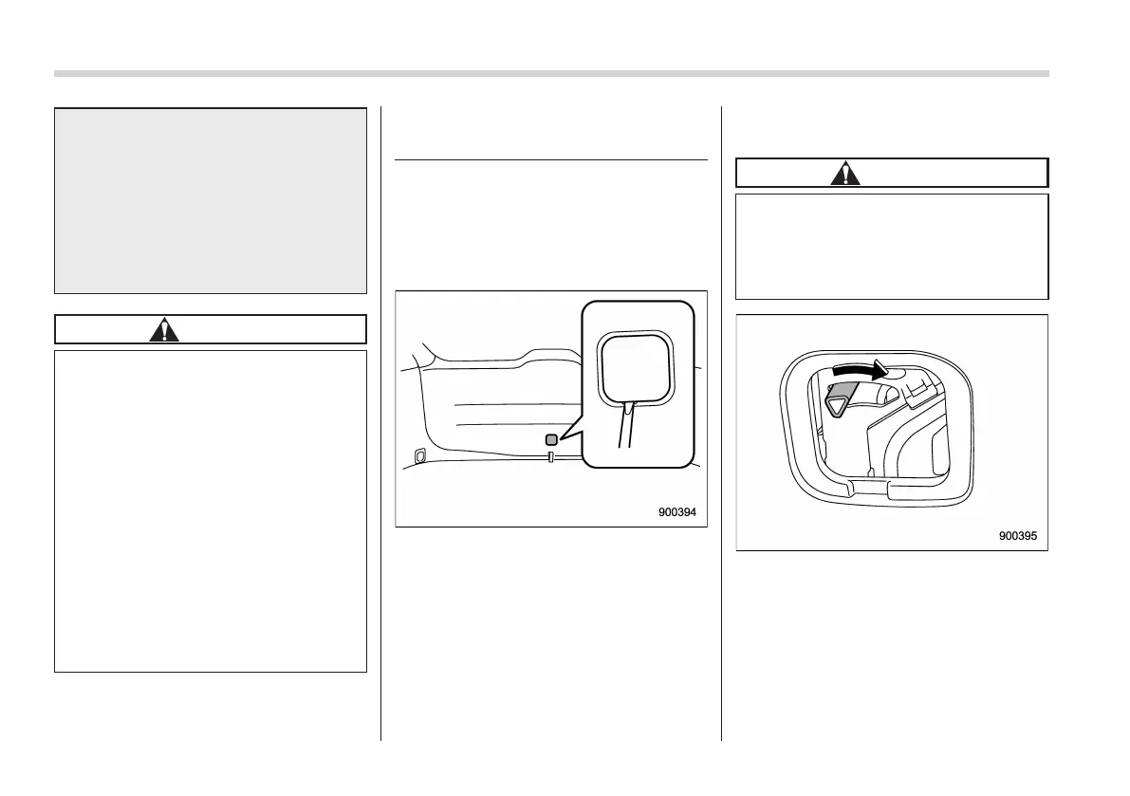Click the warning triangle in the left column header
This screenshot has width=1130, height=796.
(166, 329)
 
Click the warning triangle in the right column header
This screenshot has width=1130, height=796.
(844, 173)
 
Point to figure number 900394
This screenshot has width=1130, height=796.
(677, 512)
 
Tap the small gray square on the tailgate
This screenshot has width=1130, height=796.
(551, 439)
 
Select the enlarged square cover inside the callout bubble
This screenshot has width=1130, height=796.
(632, 364)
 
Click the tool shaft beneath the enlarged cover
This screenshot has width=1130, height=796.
(627, 428)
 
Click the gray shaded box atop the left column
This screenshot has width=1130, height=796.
(211, 200)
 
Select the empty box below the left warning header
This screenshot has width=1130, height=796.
(211, 511)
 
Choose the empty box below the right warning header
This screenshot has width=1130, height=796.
(892, 247)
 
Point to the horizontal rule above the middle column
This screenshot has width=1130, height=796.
(550, 160)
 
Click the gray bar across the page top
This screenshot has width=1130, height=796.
(551, 73)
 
